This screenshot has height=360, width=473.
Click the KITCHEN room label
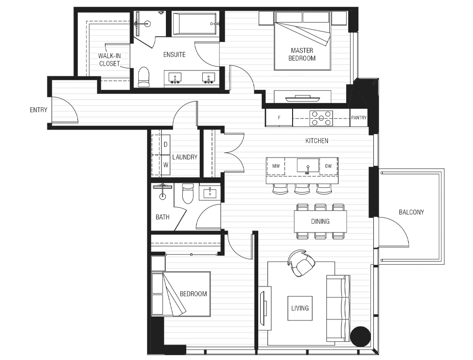317,141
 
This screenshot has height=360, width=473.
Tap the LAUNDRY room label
185,157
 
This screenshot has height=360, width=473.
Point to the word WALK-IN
109,56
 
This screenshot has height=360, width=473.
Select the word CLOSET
109,64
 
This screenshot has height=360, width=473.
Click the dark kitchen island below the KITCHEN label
302,170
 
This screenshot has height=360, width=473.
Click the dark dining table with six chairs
320,220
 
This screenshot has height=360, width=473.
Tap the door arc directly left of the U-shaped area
242,77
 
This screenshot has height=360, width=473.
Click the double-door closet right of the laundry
233,155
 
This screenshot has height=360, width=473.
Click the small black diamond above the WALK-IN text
106,50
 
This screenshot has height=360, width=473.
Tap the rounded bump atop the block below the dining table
300,252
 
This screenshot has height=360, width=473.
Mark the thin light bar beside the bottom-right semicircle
344,344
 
